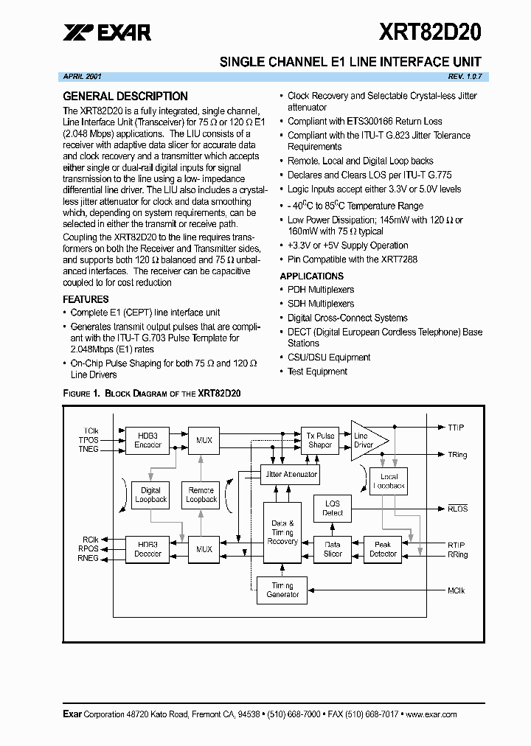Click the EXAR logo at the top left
pos(107,31)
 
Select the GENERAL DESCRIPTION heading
pos(125,97)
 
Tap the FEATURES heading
pos(86,299)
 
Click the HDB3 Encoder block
pos(147,440)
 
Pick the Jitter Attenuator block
pos(291,475)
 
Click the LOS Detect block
pos(333,508)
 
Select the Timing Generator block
pos(282,590)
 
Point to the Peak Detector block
pos(383,548)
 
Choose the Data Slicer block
pos(333,548)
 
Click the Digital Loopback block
pos(150,495)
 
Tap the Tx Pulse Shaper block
pos(320,440)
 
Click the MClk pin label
pos(457,590)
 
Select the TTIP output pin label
pos(457,427)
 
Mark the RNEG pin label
pos(88,558)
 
